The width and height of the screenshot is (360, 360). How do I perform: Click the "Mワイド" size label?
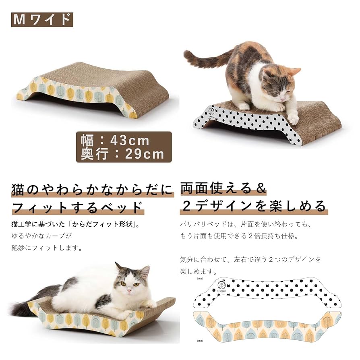coord(42,19)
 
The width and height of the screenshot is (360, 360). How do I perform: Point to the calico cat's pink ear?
coord(294,72)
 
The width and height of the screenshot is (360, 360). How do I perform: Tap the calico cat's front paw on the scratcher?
coord(293,119)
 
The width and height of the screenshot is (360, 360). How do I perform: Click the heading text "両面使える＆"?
coord(223,188)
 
